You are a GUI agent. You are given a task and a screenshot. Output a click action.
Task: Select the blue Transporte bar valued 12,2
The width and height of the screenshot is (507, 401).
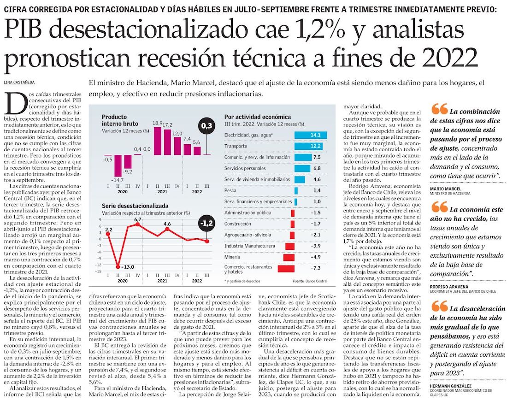pos(311,146)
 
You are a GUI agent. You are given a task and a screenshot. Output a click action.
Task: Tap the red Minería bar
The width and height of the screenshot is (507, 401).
pos(289,257)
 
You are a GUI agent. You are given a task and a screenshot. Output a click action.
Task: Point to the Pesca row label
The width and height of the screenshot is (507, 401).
pos(231,190)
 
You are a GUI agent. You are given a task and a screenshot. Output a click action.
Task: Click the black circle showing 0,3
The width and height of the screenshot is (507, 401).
pos(208,126)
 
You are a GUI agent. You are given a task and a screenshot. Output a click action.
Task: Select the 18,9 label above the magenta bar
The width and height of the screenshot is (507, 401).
pos(158,123)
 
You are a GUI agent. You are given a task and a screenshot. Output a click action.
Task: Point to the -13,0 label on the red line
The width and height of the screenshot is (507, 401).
pos(128,267)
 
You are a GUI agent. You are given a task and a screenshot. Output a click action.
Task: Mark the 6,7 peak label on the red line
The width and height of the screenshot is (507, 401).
pos(138,220)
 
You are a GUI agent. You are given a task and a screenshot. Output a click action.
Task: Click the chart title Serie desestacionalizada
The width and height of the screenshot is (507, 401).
pos(135,206)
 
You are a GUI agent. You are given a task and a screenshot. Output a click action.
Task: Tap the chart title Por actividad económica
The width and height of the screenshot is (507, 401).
pos(257,117)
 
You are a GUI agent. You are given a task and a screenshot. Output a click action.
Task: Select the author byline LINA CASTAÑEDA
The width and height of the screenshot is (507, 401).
pos(21,82)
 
